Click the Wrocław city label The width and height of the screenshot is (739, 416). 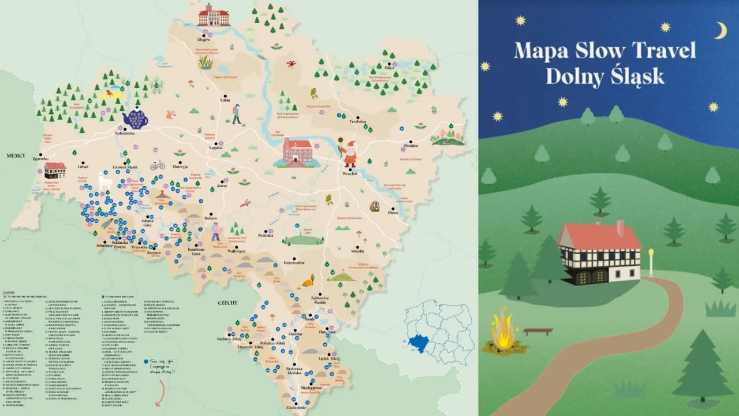tap(350, 173)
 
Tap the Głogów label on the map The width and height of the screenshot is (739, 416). tap(203, 40)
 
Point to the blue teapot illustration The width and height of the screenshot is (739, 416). tap(136, 118)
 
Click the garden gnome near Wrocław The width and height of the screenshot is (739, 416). tap(349, 154)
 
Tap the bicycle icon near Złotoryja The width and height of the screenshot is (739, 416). tap(158, 166)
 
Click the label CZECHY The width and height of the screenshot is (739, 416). tap(228, 303)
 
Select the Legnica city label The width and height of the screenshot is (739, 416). tap(216, 148)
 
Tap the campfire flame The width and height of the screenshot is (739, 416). tap(502, 331)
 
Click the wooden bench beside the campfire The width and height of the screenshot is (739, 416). tap(538, 331)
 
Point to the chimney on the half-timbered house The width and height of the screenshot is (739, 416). tap(620, 227)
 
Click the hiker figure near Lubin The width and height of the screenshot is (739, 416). tap(236, 114)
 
